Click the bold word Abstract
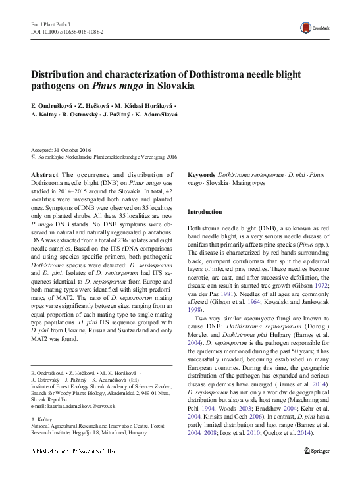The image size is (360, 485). (x=44, y=174)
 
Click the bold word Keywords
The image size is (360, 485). (x=201, y=174)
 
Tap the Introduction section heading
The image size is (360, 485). (x=205, y=212)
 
